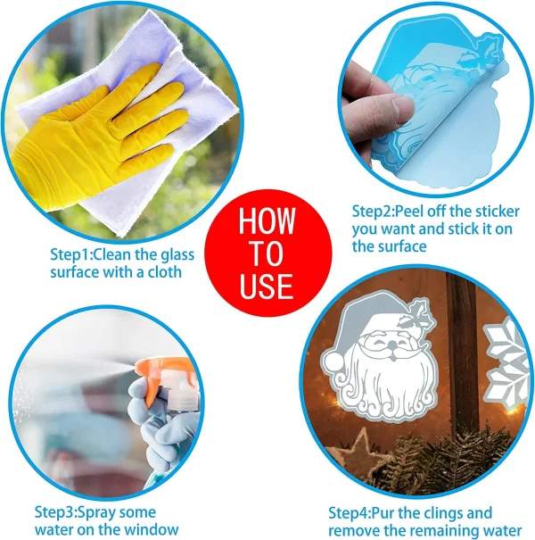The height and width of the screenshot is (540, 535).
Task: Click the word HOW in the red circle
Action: [267, 220]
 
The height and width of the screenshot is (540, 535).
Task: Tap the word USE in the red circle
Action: [267, 287]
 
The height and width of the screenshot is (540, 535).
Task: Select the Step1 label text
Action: [70, 255]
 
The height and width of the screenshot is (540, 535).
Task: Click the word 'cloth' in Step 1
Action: [164, 272]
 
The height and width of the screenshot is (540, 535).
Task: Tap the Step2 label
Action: [372, 212]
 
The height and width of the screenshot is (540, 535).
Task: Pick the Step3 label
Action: [55, 512]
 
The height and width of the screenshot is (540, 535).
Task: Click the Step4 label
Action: [349, 513]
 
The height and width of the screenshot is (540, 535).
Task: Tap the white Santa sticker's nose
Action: [391, 346]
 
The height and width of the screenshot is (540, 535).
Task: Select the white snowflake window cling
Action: [506, 362]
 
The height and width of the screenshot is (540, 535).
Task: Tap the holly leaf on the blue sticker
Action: [480, 52]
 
